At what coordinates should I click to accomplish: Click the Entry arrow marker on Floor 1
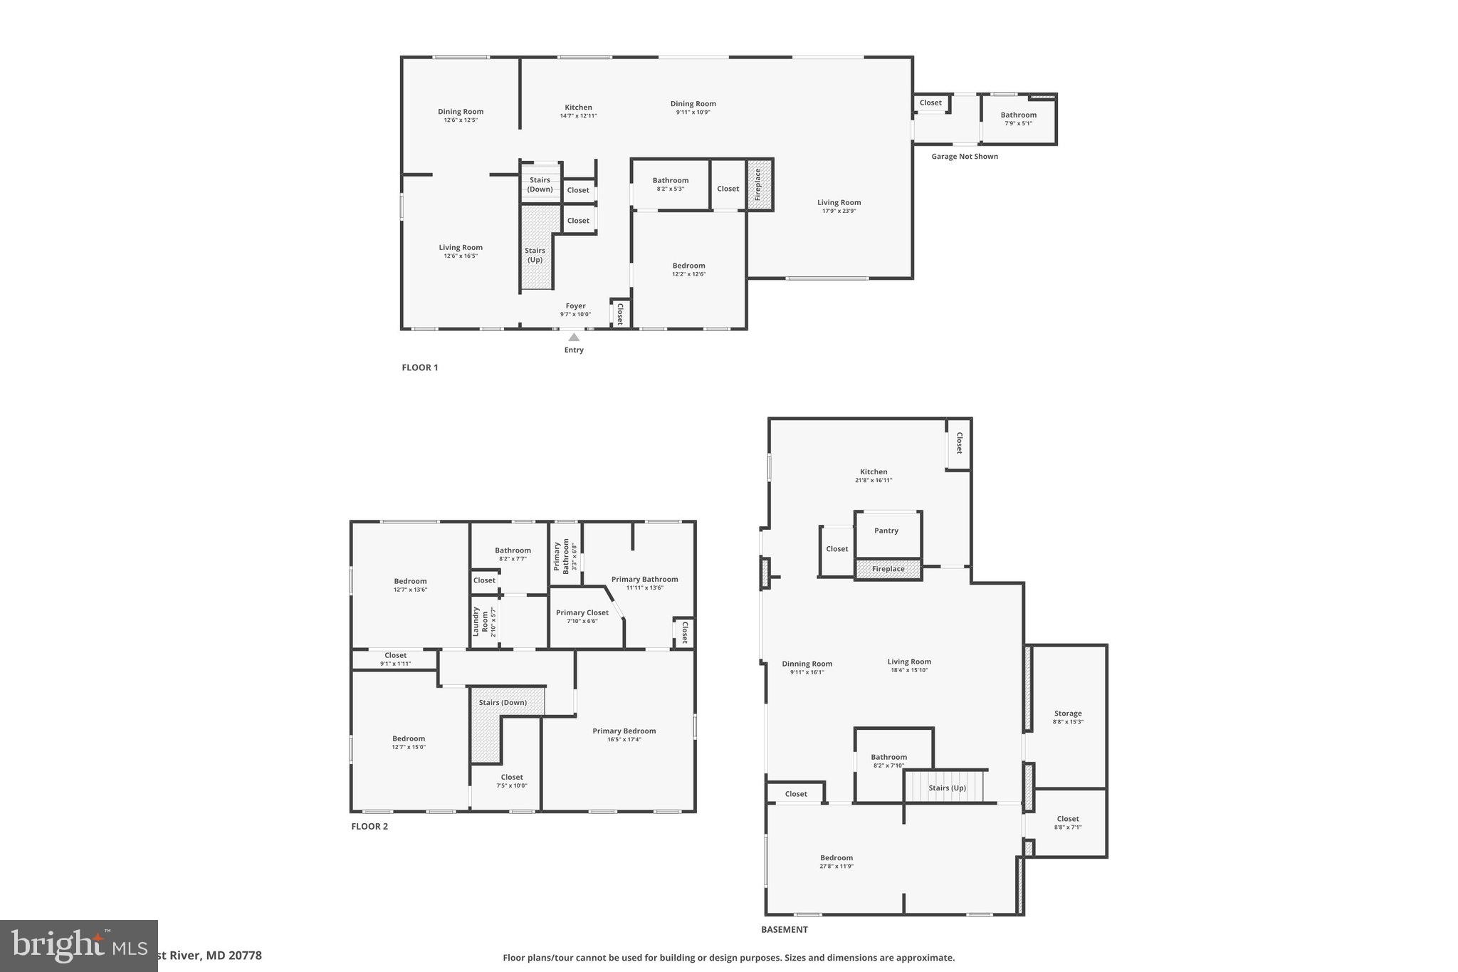click(x=574, y=338)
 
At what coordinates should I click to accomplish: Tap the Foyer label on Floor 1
click(x=575, y=306)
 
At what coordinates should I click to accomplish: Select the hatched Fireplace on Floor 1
click(x=759, y=184)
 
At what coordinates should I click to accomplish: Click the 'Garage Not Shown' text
click(x=964, y=157)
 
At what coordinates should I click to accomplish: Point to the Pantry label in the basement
click(x=886, y=531)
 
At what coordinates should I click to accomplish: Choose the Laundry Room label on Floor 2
click(x=477, y=622)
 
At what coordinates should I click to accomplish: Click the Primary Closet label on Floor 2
click(x=582, y=612)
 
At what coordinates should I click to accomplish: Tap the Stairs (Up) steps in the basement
click(x=946, y=787)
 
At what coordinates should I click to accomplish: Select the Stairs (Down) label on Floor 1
click(x=540, y=184)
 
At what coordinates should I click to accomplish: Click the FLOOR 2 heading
click(x=369, y=827)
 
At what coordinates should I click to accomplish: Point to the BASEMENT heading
click(x=784, y=929)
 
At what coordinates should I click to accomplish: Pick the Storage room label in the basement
click(x=1067, y=714)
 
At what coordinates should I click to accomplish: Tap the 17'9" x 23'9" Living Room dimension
click(x=839, y=211)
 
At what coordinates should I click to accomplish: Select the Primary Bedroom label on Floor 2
click(x=624, y=731)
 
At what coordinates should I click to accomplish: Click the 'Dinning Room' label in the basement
click(x=807, y=664)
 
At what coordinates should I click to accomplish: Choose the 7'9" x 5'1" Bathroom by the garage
click(x=1018, y=119)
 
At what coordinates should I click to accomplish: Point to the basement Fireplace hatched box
click(x=888, y=569)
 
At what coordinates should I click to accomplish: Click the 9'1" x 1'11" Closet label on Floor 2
click(x=395, y=664)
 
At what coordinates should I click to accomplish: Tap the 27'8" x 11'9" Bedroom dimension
click(x=836, y=867)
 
